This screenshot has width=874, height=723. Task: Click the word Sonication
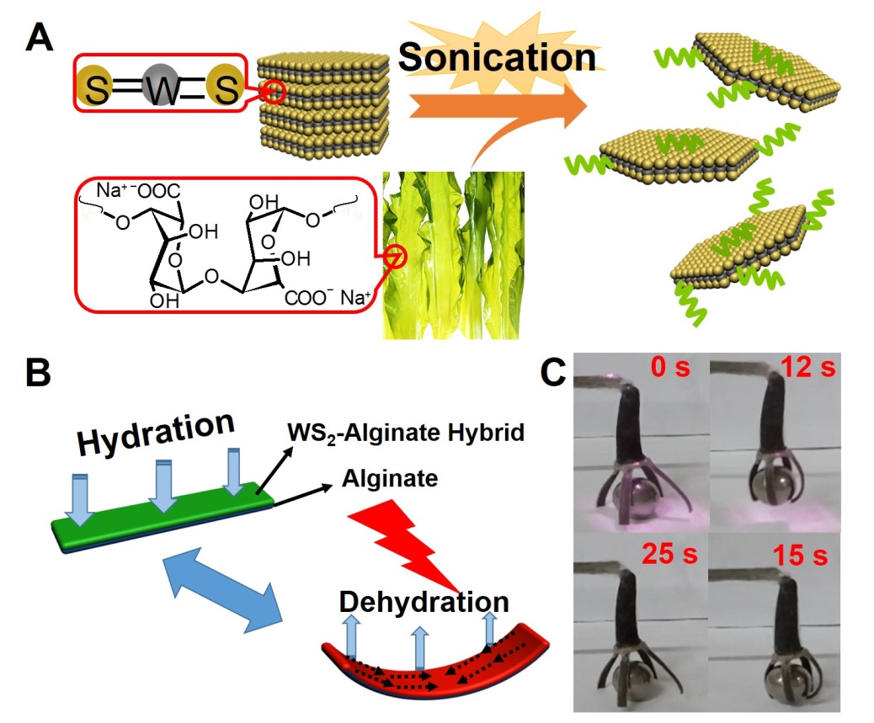(x=497, y=57)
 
